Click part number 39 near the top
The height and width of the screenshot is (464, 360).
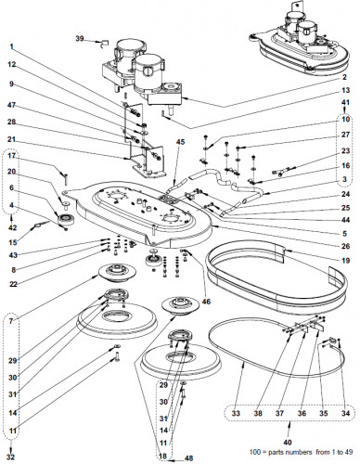coord(80,39)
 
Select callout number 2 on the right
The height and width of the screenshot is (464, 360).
coord(345,77)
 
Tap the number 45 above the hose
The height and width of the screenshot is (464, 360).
coord(181,141)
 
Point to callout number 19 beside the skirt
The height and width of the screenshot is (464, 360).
coord(346,260)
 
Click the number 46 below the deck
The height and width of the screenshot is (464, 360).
coord(206,302)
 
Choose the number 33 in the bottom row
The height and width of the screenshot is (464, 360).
coord(236,413)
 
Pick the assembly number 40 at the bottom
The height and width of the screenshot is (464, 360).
coord(288,443)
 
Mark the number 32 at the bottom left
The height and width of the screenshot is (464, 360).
coord(10,457)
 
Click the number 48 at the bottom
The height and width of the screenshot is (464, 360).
coord(188,458)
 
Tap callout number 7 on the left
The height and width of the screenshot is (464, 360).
coord(11,321)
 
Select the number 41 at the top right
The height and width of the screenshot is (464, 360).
coord(345,102)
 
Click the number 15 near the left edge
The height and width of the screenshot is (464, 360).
coord(13,242)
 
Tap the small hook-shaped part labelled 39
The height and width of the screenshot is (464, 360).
coord(102,44)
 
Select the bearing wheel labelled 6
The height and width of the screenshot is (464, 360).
coord(65,219)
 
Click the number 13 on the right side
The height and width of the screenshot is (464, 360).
coord(346,90)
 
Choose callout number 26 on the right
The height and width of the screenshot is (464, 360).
coord(346,246)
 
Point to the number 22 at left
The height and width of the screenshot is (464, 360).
coord(13,284)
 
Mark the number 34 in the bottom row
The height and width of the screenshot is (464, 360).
coord(345,413)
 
